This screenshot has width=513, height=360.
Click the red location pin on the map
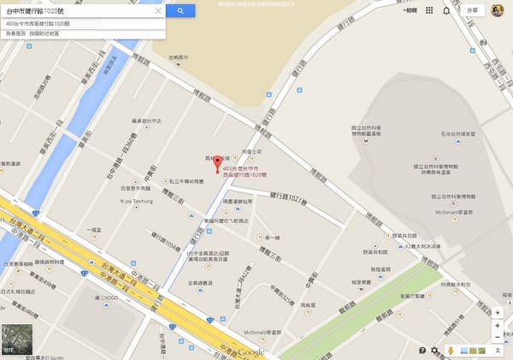point(215,163)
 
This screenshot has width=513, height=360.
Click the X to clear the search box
point(158,11)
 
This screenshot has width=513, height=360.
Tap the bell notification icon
point(445,11)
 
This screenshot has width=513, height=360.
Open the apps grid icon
point(429,11)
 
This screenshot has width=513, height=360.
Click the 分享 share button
point(475,10)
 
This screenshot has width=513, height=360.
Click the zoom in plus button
point(498,326)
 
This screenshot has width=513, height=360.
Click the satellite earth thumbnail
point(14,338)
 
